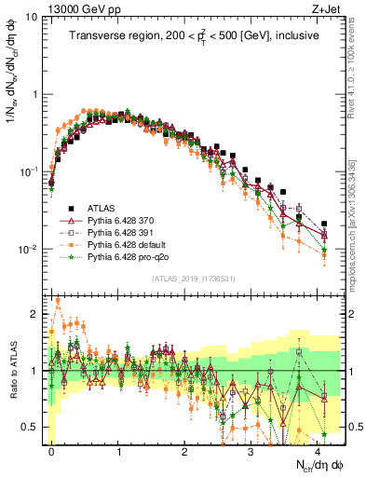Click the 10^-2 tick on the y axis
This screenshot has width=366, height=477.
point(28,250)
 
